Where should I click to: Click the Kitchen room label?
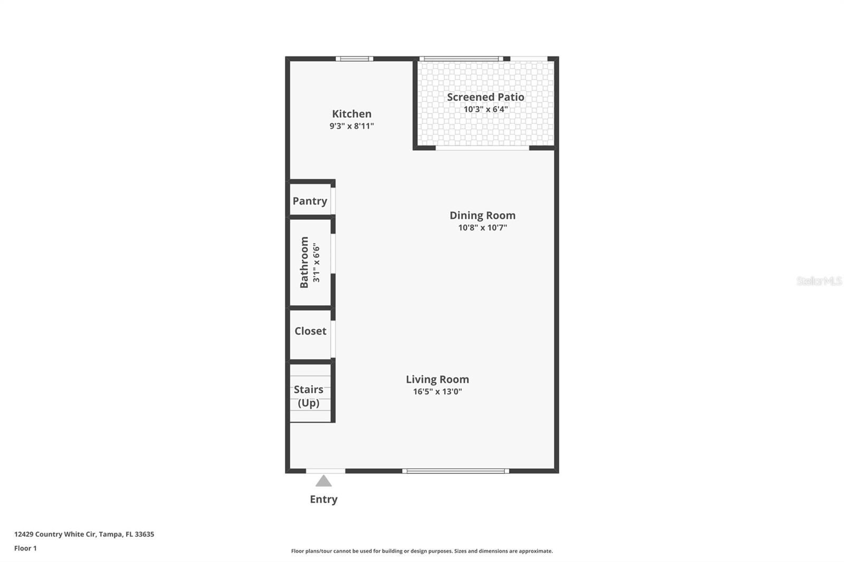tap(351, 114)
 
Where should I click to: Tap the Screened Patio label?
tap(485, 97)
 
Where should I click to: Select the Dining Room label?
tap(482, 215)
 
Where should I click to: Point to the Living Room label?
tap(437, 379)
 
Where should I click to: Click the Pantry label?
tap(310, 201)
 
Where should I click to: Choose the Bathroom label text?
tap(304, 262)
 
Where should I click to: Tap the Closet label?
tap(310, 331)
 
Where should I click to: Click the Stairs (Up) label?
tap(309, 396)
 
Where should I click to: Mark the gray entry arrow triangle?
tap(323, 481)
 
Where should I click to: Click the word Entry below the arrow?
tap(324, 499)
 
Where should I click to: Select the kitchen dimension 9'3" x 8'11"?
tap(351, 126)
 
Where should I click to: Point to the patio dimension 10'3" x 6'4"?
tap(486, 109)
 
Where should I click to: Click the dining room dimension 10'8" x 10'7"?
tap(483, 227)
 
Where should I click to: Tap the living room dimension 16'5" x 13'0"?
tap(437, 391)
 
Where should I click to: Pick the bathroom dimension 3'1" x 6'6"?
tap(316, 262)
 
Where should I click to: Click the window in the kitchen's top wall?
tap(354, 59)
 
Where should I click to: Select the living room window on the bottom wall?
tap(456, 471)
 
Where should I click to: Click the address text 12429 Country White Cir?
tap(56, 534)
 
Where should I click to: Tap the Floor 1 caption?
tap(26, 548)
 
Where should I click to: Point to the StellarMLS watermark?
tap(819, 280)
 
